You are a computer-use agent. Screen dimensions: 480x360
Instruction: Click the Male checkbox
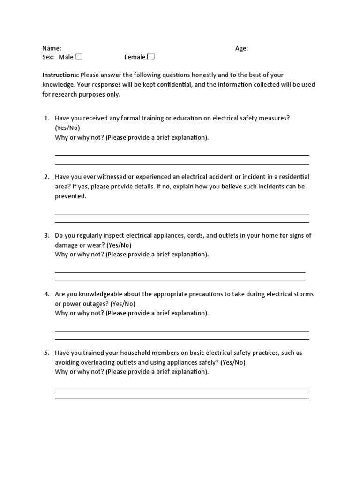pos(79,57)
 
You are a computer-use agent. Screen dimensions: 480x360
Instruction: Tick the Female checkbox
pos(150,57)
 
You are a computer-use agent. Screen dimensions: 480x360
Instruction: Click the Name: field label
pos(52,48)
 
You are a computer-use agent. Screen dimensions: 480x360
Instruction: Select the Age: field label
pos(241,48)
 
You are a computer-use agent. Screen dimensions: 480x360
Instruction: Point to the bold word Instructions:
pos(60,75)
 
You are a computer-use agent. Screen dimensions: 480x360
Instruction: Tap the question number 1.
pos(46,118)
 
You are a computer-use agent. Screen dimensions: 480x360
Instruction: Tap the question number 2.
pos(46,177)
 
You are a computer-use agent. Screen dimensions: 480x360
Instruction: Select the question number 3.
pos(46,235)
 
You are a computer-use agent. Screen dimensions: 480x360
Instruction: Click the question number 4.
pos(46,294)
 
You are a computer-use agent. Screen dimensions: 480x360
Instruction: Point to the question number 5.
pos(46,352)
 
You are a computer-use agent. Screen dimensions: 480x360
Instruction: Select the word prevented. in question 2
pos(71,196)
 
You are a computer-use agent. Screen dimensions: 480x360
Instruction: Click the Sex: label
pos(48,57)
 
